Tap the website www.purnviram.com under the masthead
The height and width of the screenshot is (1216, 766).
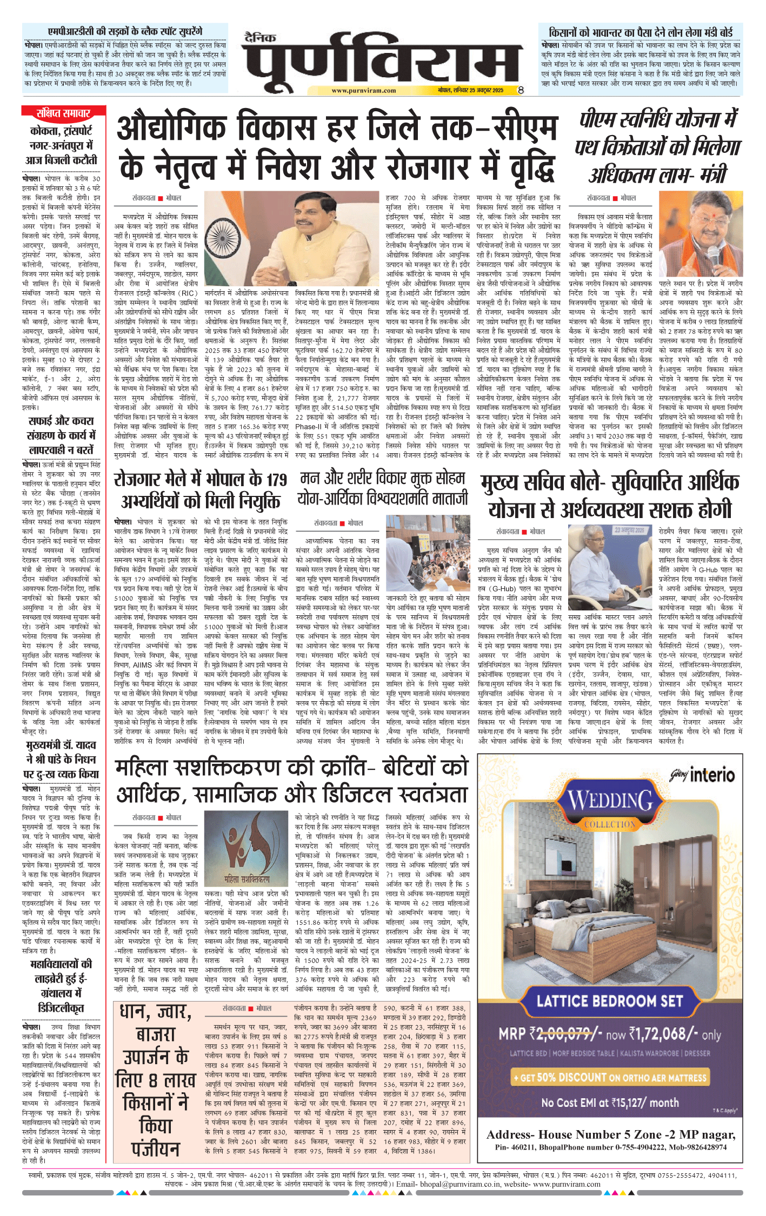pyautogui.click(x=363, y=91)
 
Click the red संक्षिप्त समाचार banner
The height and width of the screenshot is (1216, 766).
pyautogui.click(x=63, y=113)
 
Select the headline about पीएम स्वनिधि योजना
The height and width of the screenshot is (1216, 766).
pyautogui.click(x=657, y=147)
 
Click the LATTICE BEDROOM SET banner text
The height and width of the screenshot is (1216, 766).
pyautogui.click(x=610, y=1001)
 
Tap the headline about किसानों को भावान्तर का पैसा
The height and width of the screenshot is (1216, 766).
pyautogui.click(x=640, y=32)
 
